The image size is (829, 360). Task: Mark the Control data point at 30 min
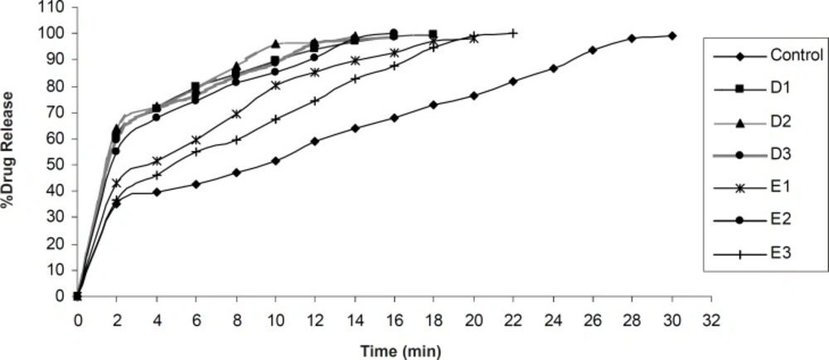pos(672,36)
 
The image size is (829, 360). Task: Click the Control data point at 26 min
pos(593,50)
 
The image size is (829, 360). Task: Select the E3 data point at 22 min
pos(514,33)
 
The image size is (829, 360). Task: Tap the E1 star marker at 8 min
pos(236,114)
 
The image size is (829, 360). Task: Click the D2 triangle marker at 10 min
pos(275,43)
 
